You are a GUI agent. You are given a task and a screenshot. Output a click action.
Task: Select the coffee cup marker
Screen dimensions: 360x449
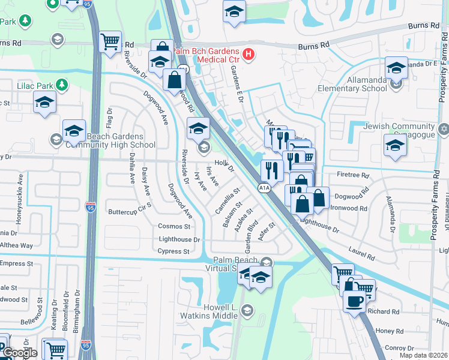[354, 301]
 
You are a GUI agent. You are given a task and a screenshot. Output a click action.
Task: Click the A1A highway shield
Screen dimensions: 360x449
[264, 188]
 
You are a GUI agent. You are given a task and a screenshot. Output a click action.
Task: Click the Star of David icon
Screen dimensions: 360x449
[444, 128]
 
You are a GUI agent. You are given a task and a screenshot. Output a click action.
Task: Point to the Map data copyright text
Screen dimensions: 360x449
[423, 355]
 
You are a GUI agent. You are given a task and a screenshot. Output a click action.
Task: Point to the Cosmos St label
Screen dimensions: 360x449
[174, 226]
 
